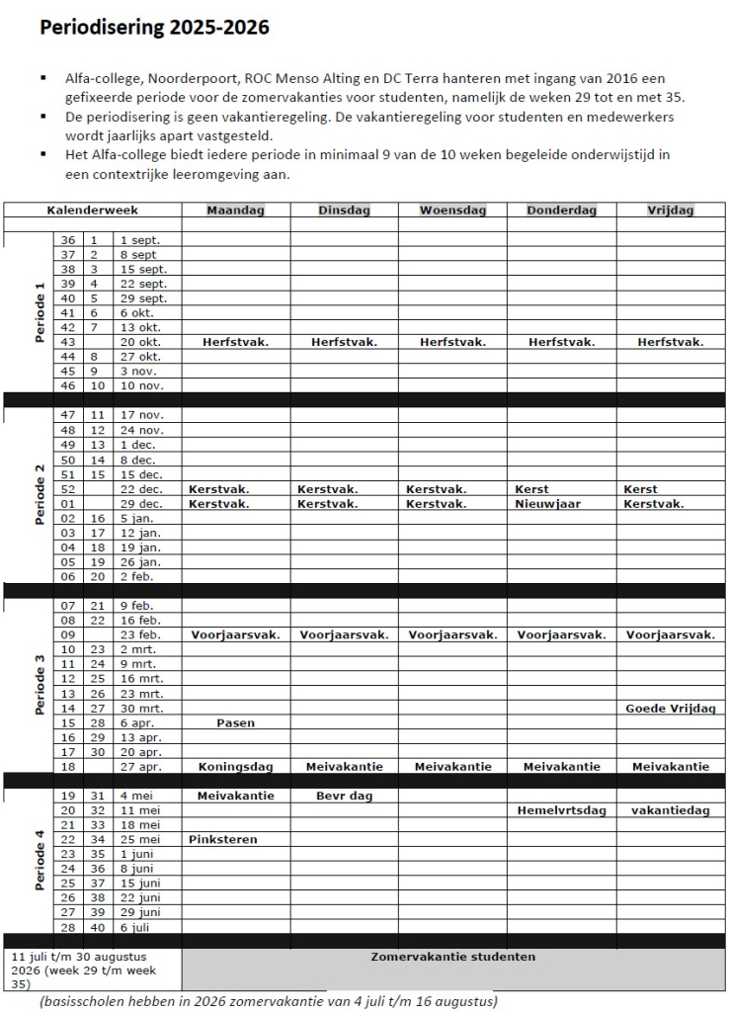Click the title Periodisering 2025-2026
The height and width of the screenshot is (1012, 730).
point(154,29)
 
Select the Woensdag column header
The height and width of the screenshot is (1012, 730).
point(452,210)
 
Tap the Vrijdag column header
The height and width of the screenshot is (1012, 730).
point(670,210)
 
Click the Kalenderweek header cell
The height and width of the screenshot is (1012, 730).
point(92,210)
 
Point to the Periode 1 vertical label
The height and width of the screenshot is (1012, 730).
point(41,313)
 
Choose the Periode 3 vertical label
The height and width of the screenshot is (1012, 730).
point(41,683)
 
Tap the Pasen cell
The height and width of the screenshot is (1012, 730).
point(235,722)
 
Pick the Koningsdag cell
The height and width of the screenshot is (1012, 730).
point(235,766)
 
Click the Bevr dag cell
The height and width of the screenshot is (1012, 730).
point(343,796)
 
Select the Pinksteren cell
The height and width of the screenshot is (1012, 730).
point(222,839)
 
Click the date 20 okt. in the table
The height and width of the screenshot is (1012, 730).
point(140,342)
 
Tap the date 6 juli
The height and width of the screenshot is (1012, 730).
point(137,927)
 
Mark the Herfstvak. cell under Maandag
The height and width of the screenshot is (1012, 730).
point(235,342)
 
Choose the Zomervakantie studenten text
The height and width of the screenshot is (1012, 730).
point(452,957)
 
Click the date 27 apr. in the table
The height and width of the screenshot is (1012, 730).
point(140,766)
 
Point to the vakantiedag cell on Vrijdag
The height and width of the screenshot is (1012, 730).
point(671,810)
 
